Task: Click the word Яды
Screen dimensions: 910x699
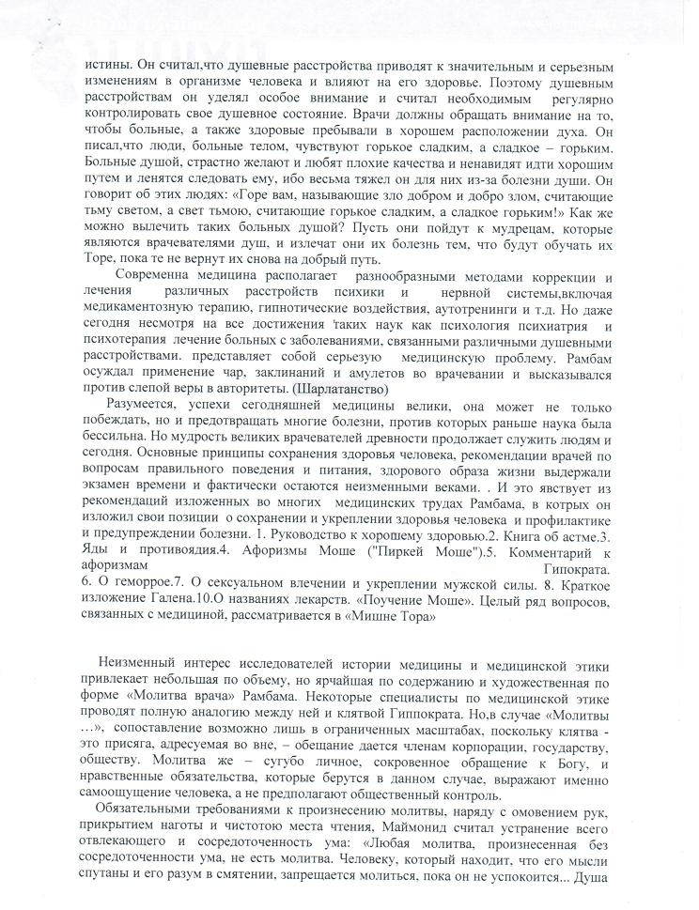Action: [x=97, y=552]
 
